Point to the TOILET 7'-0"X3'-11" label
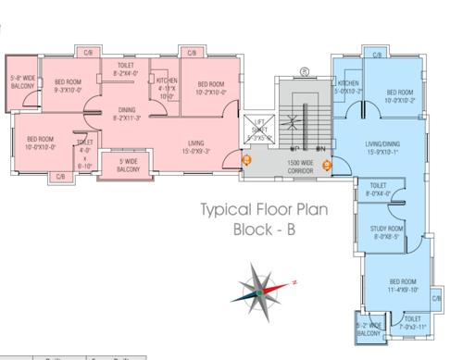pos(413,324)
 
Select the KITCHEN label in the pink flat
pos(167,86)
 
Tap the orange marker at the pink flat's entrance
pos(245,158)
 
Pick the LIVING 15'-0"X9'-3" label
pos(194,146)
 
